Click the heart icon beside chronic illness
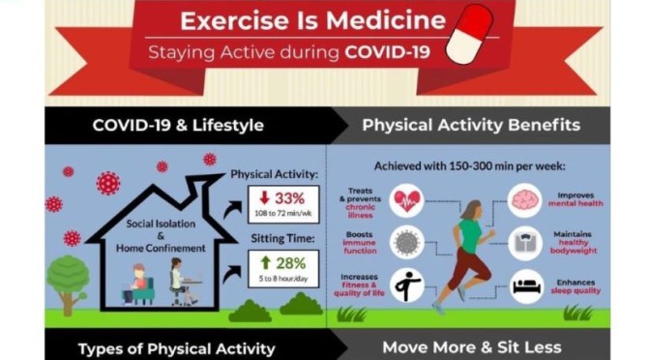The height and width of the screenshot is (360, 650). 405,200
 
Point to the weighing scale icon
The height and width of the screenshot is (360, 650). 526,243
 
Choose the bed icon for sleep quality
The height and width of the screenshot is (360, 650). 526,286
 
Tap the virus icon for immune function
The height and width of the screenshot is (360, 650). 405,243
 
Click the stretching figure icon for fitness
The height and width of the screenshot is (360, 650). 405,286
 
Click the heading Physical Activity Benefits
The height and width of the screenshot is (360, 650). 471,125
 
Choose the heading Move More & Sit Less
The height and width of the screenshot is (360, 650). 471,346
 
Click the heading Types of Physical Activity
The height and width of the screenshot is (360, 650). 176,348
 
